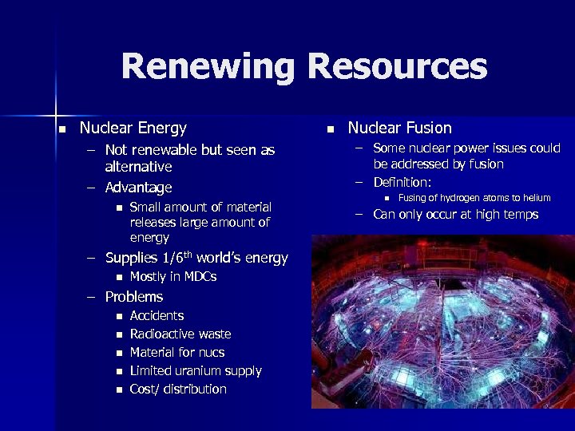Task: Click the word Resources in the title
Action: [x=397, y=66]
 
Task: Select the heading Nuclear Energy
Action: [x=133, y=128]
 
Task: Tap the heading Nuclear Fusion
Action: [x=399, y=128]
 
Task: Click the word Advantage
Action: [x=138, y=188]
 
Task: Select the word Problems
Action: [x=133, y=297]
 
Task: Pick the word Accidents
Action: [x=157, y=316]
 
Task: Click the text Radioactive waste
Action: [x=180, y=334]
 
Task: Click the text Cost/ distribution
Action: [x=178, y=389]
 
